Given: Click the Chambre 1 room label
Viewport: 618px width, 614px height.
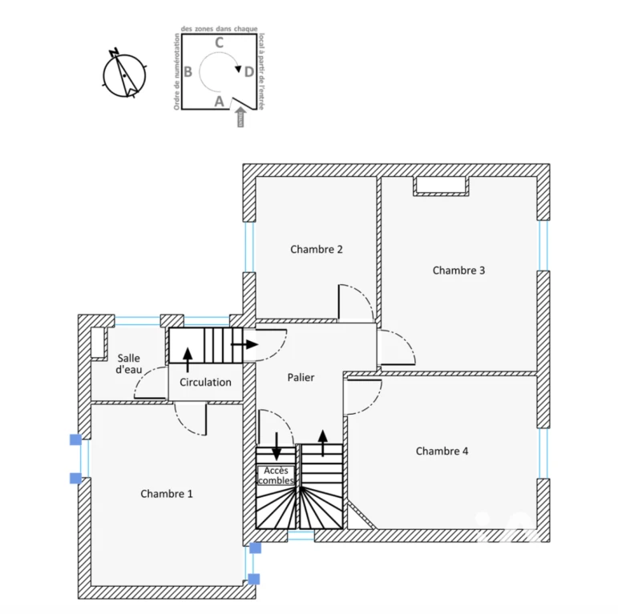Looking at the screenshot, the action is point(167,494).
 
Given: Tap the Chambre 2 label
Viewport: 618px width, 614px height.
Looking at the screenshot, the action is point(317,249).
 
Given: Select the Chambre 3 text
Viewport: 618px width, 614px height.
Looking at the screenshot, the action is point(458,271).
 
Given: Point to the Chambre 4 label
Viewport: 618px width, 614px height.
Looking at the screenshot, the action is point(442,451).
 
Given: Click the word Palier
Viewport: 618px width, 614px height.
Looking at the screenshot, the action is point(301,378).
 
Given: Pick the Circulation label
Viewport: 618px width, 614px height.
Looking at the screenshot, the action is point(205,382).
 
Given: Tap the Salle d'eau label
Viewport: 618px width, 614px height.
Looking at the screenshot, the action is point(129,364).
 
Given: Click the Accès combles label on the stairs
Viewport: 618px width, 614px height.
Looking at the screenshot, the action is point(276,476).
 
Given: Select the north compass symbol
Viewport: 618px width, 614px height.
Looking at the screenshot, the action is point(124,74).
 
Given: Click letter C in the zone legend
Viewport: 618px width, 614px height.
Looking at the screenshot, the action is point(219,42).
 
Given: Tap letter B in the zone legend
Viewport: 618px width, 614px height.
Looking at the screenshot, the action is point(188,72).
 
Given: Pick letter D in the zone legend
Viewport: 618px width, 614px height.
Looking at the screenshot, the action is point(249,72).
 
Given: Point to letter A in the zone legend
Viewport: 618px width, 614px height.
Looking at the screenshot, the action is point(219,102).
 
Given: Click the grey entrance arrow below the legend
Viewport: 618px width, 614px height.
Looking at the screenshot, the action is point(240,117).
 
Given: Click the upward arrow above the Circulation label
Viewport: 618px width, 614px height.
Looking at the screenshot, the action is point(188,359).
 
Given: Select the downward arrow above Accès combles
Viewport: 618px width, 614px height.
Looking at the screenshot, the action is point(277,447).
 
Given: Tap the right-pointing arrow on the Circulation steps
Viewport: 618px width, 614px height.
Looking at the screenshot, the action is point(244,344).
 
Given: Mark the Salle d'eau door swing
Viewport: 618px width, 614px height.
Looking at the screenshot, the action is point(150,383).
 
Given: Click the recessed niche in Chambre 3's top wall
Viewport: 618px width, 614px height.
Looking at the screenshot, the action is point(441,186).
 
